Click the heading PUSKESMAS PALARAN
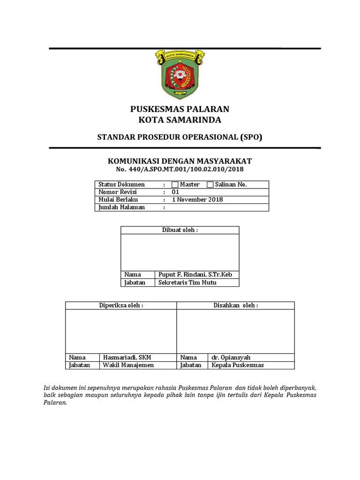coord(180,109)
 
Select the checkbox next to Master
coord(175,185)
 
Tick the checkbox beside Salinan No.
coord(210,185)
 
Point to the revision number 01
coord(176,192)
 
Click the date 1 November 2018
coord(197,200)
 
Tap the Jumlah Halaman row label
coord(121,207)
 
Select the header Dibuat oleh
coord(180,230)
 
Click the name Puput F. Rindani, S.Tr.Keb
coord(192,275)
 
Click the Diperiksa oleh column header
coord(121,306)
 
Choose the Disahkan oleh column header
coord(235,306)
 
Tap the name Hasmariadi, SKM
coord(127,358)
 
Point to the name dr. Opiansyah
coord(231,358)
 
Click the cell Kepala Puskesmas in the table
coord(238,365)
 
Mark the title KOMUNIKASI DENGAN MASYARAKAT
coord(180,161)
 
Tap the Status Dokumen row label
coord(121,185)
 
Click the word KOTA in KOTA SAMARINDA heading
coord(150,120)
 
